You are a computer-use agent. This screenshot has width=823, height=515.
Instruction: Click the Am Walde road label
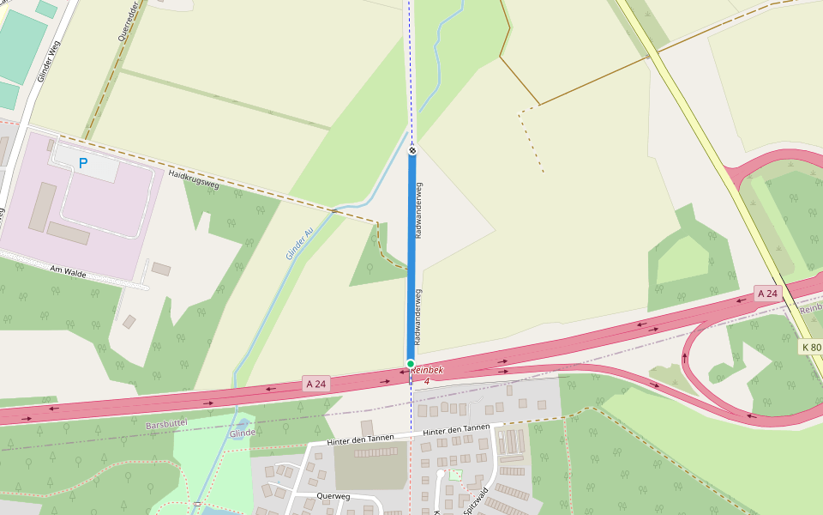[69, 270]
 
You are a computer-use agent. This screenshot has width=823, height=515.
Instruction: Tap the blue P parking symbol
[83, 162]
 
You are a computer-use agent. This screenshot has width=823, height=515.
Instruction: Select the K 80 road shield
[810, 347]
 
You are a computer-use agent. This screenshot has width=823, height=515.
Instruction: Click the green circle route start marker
[411, 364]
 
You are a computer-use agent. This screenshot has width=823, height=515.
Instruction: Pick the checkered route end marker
[412, 151]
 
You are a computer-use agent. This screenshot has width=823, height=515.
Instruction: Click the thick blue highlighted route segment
[411, 257]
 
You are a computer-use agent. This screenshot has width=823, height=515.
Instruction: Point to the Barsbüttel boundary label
[166, 424]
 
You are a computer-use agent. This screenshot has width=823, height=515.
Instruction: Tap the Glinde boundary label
[243, 433]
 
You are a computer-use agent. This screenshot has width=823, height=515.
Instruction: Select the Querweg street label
[333, 495]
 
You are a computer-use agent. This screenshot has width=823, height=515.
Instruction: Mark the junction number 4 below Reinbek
[427, 380]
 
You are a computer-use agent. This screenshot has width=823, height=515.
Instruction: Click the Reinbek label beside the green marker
[427, 370]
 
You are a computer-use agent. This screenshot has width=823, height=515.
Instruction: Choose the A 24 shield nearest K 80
[767, 294]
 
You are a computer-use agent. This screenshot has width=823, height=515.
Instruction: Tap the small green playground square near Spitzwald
[455, 475]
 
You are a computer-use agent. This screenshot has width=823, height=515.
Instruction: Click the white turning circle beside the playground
[441, 474]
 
